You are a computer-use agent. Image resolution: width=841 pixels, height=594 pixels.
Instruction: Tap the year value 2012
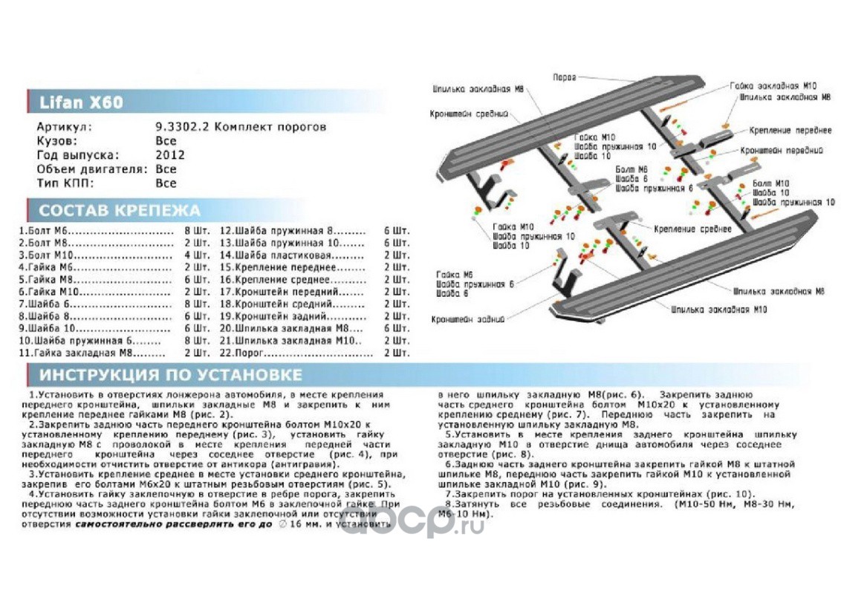tap(170, 154)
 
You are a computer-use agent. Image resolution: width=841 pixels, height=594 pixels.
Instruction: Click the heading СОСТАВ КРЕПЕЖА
tap(120, 209)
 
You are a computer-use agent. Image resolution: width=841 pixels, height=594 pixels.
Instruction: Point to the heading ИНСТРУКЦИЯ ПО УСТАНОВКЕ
tap(171, 374)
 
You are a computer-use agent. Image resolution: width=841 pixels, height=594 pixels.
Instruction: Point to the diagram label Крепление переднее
tap(790, 131)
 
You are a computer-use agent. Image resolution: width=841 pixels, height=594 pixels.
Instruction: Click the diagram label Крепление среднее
tap(690, 230)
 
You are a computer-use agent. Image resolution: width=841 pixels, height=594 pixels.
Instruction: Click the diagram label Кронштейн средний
tap(468, 114)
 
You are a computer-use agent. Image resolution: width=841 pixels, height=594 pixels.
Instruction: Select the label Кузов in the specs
tap(56, 140)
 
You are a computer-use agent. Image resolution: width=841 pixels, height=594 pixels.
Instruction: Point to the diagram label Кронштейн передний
tap(782, 150)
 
